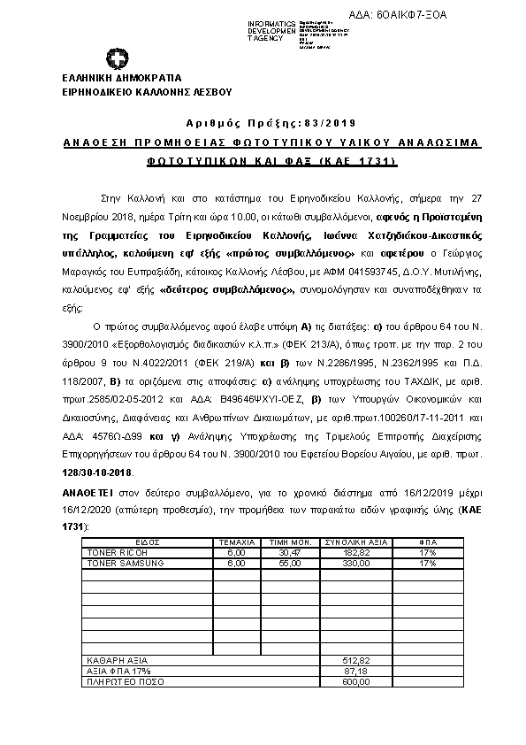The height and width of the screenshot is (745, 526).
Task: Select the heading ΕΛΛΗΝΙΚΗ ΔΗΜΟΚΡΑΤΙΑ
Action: tap(121, 78)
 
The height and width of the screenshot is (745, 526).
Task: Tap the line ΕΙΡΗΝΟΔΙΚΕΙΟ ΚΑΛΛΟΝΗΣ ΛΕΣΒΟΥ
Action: tap(145, 90)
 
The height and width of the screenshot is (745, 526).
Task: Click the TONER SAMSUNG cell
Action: tap(118, 562)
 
